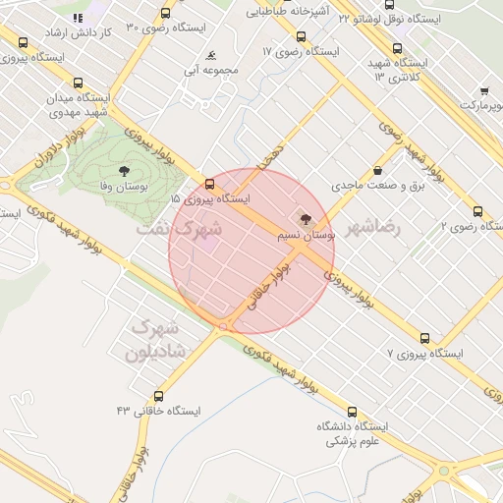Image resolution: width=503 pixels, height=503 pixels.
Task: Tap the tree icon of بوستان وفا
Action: point(123,170)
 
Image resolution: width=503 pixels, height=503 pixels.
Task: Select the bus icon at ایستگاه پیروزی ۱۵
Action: point(208,184)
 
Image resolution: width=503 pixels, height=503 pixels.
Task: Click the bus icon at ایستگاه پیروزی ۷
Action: point(424,337)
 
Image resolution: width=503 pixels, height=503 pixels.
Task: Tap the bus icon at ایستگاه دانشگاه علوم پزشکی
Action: point(353,413)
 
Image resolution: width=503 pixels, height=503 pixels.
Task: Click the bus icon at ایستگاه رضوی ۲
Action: point(477,211)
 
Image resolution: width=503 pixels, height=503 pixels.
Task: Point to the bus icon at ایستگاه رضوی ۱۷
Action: point(300,36)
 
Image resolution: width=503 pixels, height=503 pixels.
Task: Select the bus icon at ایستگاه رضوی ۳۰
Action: point(164,14)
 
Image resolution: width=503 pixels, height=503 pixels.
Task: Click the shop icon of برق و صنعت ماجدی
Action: point(376,170)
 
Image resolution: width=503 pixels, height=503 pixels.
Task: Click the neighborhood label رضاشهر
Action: point(372,230)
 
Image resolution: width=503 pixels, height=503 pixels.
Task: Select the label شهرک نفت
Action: point(178,228)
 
